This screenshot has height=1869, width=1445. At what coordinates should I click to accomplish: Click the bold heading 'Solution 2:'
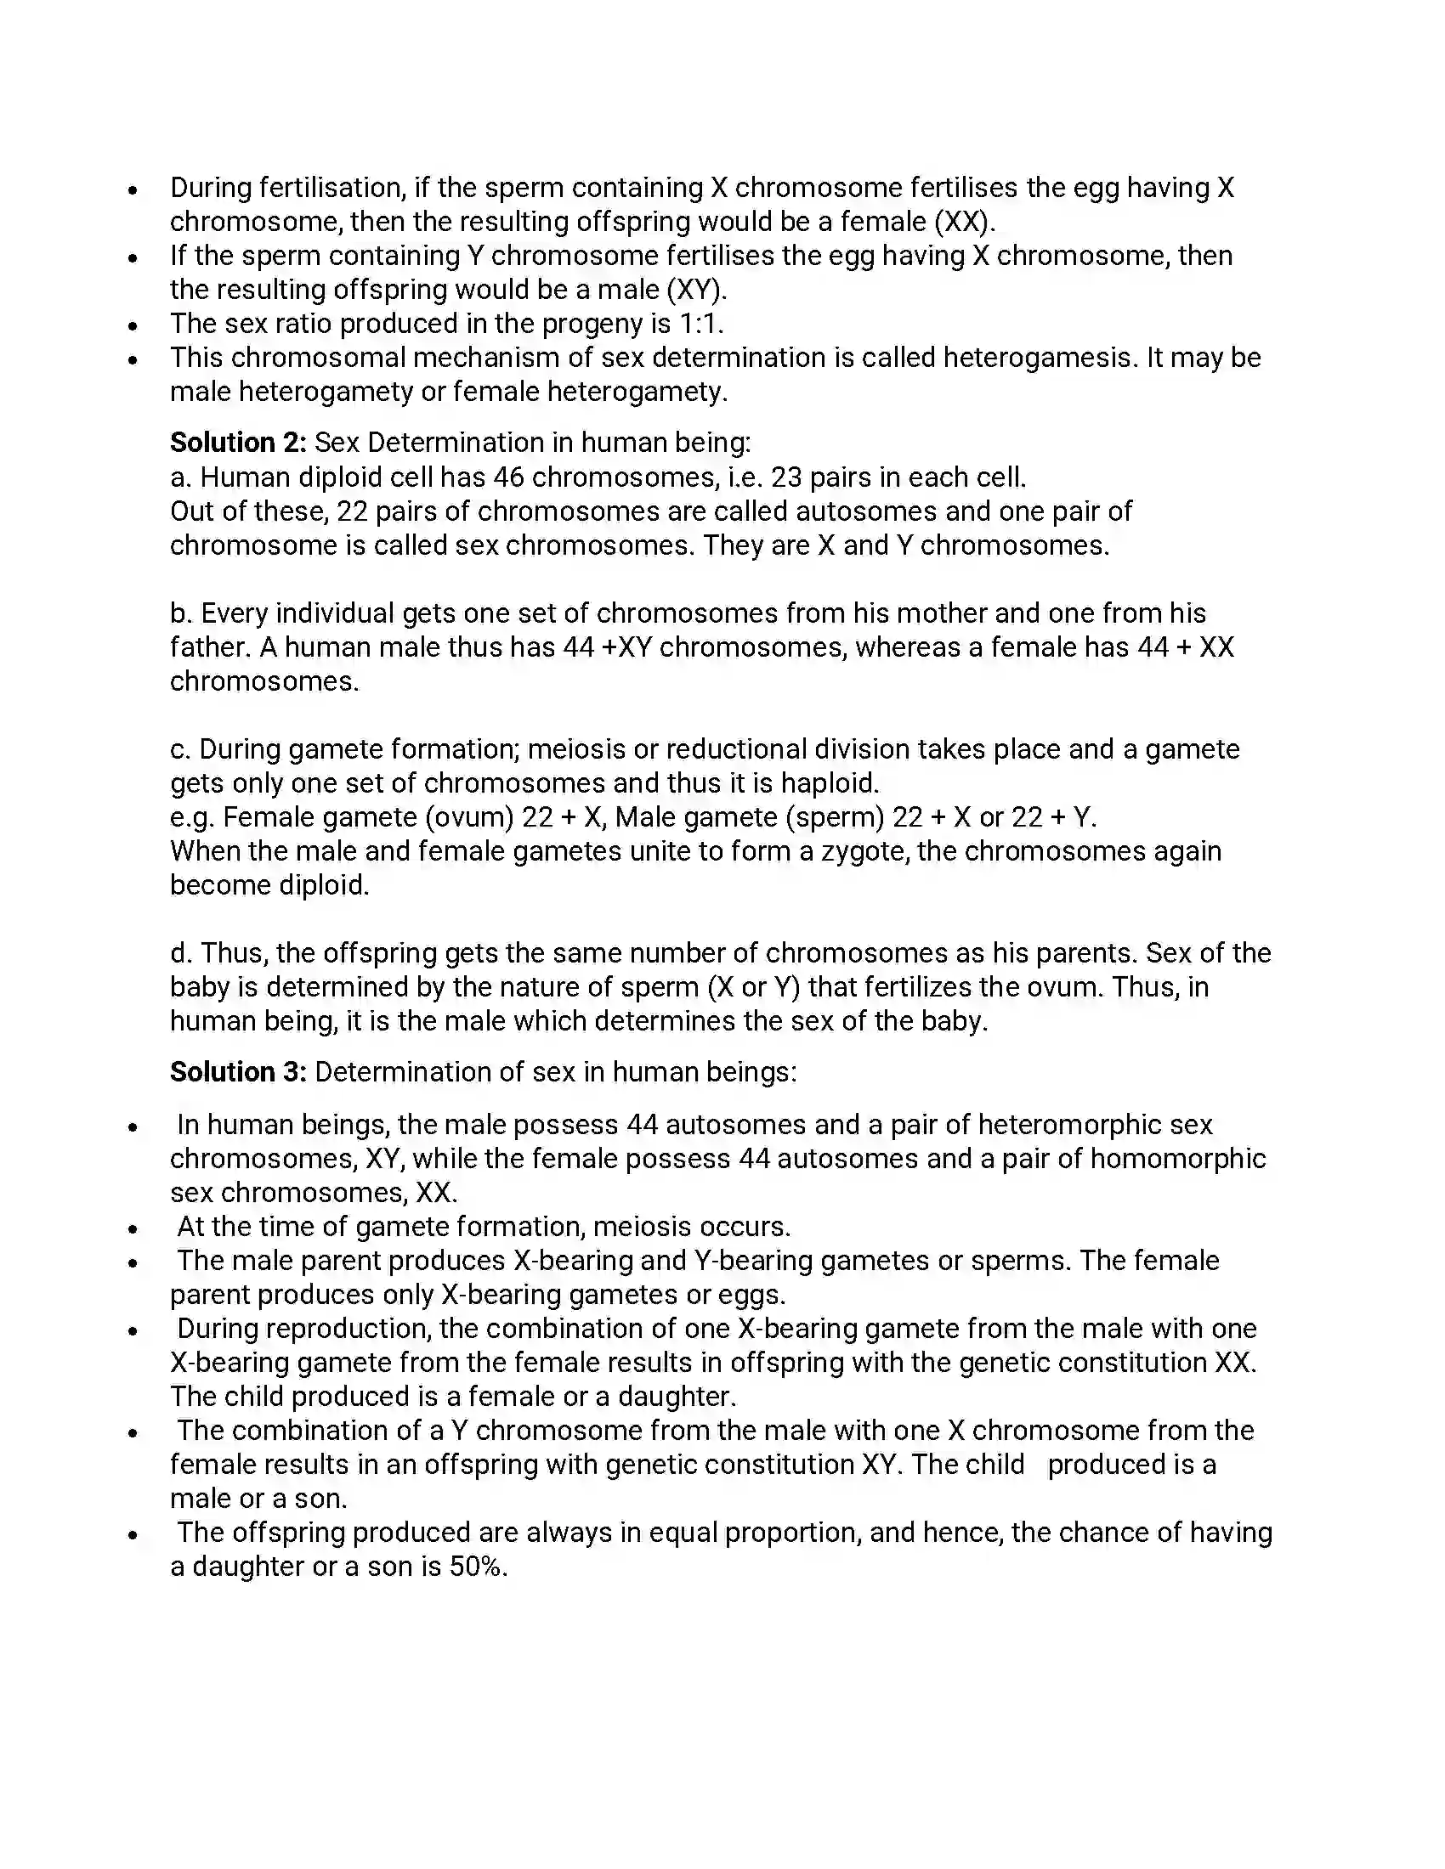pyautogui.click(x=237, y=443)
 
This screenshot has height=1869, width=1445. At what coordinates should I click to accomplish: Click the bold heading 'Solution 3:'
pyautogui.click(x=237, y=1071)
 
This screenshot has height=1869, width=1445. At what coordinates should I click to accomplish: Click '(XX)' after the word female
pyautogui.click(x=964, y=222)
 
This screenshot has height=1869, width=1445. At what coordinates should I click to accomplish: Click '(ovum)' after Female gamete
pyautogui.click(x=468, y=817)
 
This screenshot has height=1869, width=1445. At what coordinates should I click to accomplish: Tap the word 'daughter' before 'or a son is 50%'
pyautogui.click(x=247, y=1566)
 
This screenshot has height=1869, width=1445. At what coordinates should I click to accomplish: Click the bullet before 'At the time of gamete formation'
pyautogui.click(x=133, y=1229)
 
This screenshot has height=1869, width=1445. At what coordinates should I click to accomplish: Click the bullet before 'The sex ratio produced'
pyautogui.click(x=133, y=326)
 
